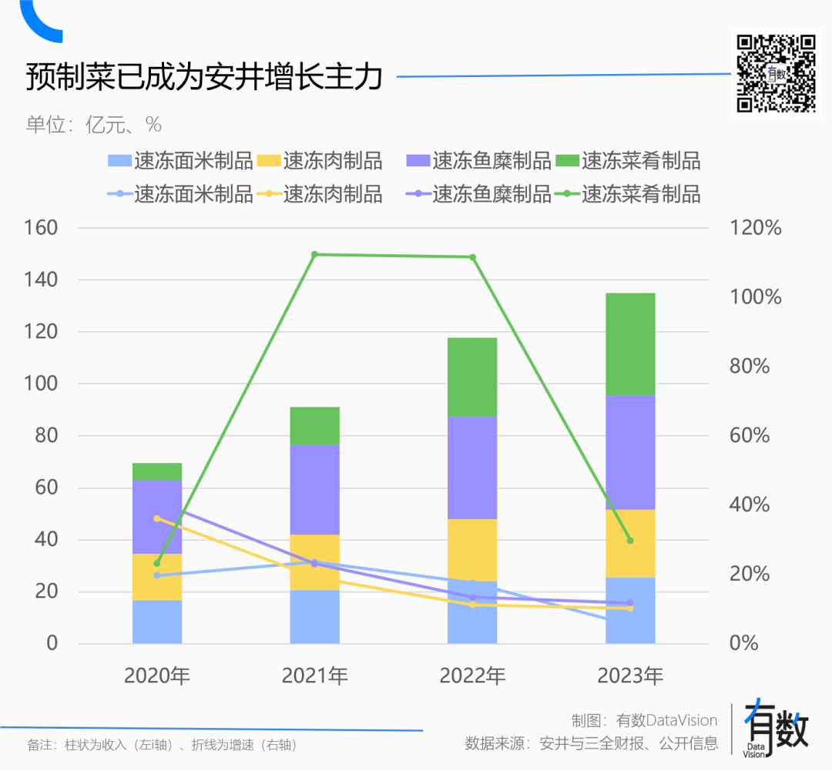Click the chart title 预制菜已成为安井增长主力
pos(204,78)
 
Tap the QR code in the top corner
pos(776,74)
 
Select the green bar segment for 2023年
pos(630,344)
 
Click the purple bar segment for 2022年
pos(472,468)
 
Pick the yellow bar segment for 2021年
pos(314,561)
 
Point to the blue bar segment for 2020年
pos(157,622)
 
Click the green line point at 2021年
pos(314,254)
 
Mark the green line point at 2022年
pos(473,257)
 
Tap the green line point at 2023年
pos(630,541)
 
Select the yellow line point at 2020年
pos(157,518)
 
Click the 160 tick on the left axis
pos(42,228)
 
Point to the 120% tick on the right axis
pos(755,228)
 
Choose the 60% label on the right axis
pos(750,435)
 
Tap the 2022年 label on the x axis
pos(472,676)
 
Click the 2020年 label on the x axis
pos(157,676)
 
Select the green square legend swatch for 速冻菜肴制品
pos(566,161)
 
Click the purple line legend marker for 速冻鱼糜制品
pos(417,194)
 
